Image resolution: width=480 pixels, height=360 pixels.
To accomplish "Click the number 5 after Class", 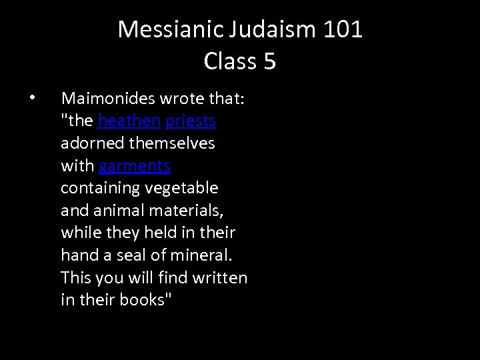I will click(269, 61).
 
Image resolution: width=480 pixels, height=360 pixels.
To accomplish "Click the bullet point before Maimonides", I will click(32, 99).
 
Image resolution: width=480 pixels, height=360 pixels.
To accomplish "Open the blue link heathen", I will click(129, 121).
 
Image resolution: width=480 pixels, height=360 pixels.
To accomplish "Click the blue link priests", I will click(191, 121).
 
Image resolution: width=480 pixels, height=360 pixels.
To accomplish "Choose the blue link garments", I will click(135, 165).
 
